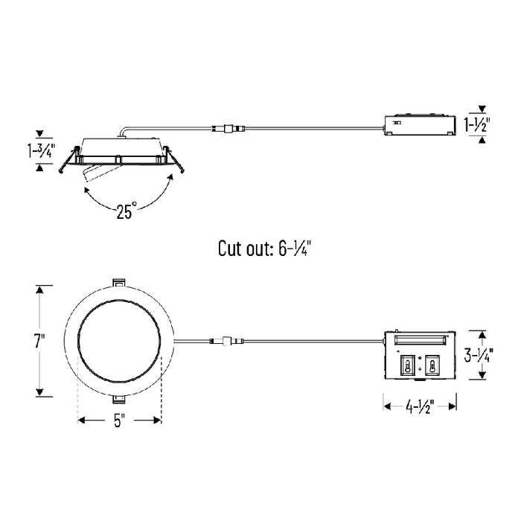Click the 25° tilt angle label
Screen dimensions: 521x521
(x=127, y=210)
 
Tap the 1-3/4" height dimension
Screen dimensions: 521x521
(x=40, y=150)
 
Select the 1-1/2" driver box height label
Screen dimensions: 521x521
(x=477, y=124)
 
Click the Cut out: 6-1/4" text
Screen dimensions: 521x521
(x=264, y=248)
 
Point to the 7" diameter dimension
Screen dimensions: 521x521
(x=39, y=341)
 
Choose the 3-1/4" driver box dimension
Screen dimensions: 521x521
(x=479, y=354)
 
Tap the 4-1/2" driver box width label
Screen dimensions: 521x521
(x=420, y=406)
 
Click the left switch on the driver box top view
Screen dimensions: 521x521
(x=407, y=365)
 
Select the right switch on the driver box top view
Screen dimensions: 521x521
(x=432, y=365)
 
